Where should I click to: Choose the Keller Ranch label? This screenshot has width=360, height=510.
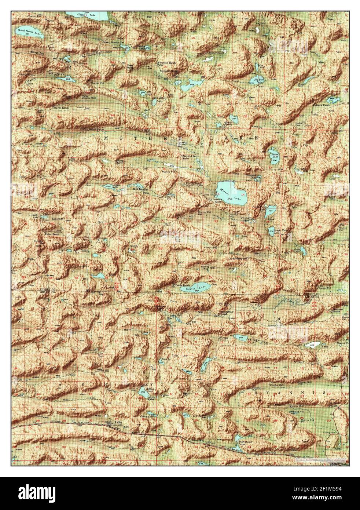52,234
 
